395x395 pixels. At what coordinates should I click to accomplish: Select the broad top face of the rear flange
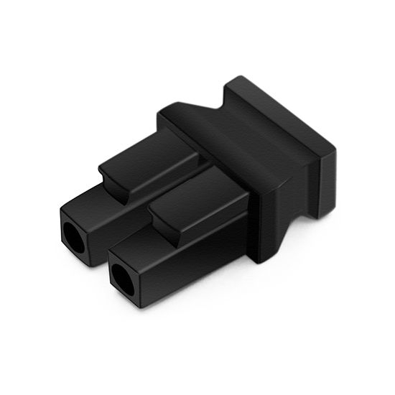(280, 115)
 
